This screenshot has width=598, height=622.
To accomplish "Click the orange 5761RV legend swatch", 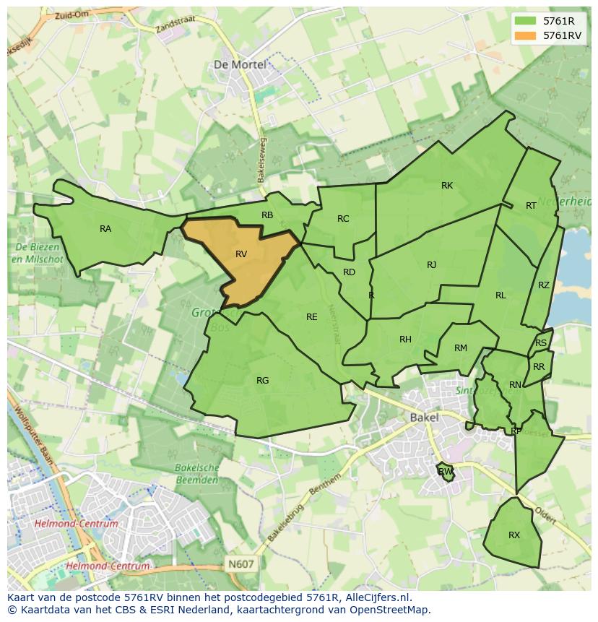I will (526, 35).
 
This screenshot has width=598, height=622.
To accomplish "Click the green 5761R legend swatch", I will (526, 21).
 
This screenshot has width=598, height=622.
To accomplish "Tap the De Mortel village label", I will (240, 64).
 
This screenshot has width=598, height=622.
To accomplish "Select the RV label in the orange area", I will (241, 254).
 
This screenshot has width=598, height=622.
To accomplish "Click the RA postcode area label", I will (105, 229).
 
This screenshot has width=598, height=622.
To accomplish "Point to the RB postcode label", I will (267, 215).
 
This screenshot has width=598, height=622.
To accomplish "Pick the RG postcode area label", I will (262, 381).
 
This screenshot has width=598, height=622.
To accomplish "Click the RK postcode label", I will (447, 186).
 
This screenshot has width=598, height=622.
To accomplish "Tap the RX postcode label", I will (514, 535).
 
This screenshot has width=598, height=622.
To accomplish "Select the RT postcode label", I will (531, 206).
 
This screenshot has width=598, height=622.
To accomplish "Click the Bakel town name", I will (424, 418).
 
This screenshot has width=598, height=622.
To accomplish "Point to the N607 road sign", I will (240, 563).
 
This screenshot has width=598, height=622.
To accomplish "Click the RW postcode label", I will (446, 472).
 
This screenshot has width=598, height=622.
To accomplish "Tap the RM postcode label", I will (461, 348).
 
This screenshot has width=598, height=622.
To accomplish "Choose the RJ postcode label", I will (431, 265).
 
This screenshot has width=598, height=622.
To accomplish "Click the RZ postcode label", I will (544, 285).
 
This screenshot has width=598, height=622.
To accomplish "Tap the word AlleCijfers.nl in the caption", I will (376, 597).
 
